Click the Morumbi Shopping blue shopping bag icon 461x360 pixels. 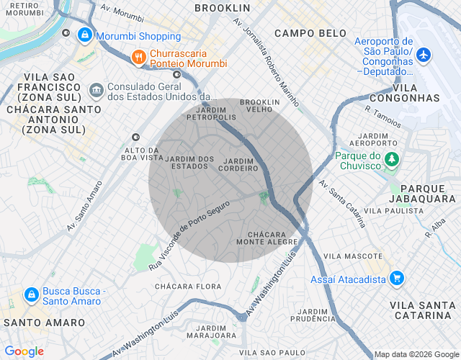[85, 35]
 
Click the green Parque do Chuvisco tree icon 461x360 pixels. [391, 159]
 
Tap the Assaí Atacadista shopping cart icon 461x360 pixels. [395, 278]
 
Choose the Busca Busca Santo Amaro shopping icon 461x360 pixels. [31, 294]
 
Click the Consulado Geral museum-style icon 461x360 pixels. [96, 90]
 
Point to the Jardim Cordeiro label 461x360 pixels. [241, 164]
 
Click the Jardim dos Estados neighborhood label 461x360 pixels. [189, 162]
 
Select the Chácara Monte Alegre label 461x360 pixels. [272, 239]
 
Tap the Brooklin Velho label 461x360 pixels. [259, 106]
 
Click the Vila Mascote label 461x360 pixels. [348, 256]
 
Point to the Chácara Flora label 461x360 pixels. [188, 287]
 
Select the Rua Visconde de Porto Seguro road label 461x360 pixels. [189, 234]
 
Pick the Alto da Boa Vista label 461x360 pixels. [142, 153]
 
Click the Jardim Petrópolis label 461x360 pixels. [211, 113]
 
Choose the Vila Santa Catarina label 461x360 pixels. [423, 310]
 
